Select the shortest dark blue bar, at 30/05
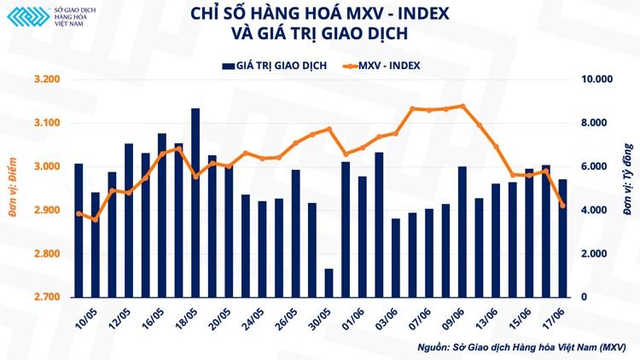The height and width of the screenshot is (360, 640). click(x=329, y=283)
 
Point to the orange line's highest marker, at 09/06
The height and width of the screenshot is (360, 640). click(x=462, y=107)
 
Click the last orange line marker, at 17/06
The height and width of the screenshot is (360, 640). click(x=562, y=205)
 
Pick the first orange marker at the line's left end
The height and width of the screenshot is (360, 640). click(x=79, y=213)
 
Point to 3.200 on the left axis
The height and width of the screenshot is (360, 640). click(x=47, y=79)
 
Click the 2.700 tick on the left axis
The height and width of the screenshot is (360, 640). click(x=47, y=298)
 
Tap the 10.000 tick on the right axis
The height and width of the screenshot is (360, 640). click(x=597, y=79)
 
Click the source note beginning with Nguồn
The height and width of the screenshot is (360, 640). click(x=521, y=348)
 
